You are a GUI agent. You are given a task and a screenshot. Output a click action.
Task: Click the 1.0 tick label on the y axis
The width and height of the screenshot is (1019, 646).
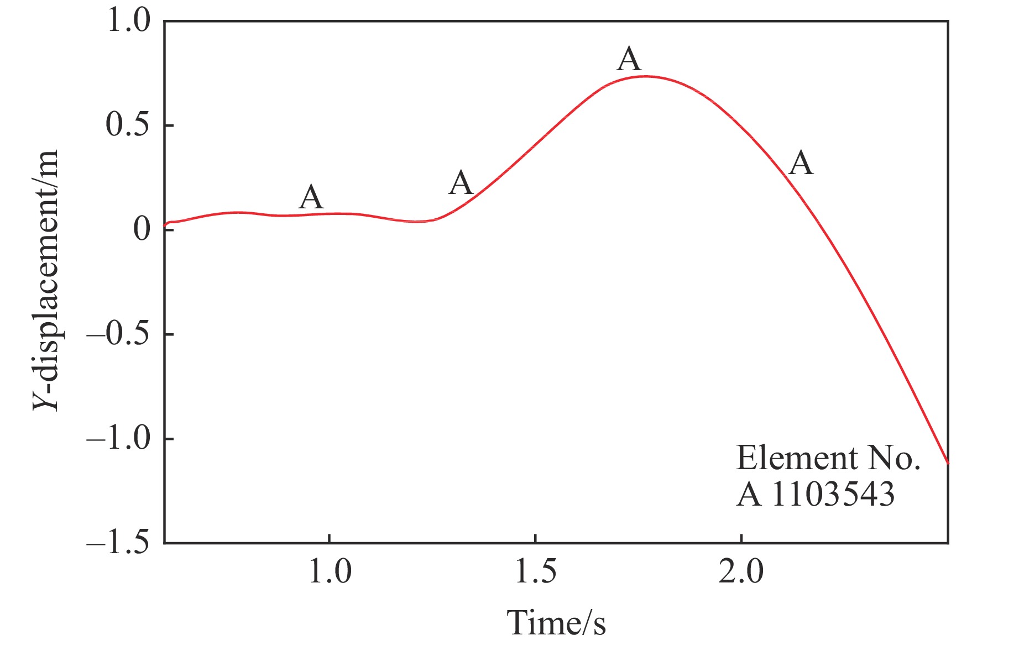point(128,22)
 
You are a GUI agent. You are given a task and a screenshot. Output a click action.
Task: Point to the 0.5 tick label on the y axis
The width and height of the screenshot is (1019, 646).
point(128,125)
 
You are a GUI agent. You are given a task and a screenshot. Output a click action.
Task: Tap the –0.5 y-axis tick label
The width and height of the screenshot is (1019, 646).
point(119,334)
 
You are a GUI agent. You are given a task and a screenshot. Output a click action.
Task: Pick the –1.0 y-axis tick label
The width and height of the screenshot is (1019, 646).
point(119,439)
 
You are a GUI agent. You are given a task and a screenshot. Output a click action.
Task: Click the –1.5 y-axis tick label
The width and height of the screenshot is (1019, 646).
point(119,543)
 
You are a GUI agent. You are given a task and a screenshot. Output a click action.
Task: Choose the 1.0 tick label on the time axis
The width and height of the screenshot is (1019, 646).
point(330,572)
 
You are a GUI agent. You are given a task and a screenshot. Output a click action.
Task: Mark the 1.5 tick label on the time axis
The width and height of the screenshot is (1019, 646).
point(535,572)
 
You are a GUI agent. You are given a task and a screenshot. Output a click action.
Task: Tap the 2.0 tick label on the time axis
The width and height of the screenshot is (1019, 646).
point(741,572)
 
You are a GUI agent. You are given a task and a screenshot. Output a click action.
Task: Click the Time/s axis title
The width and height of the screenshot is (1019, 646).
point(556,623)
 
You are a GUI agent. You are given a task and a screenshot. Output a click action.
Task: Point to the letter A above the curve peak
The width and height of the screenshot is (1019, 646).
point(629,59)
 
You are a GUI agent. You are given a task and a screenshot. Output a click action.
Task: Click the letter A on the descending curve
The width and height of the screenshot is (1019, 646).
point(801,164)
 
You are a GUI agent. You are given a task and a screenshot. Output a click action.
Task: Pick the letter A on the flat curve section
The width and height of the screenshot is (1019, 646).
point(311,197)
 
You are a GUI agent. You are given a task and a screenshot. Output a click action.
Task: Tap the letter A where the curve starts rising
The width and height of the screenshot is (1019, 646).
point(461,183)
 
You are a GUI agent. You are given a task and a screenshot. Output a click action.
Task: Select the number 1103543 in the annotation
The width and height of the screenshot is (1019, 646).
point(832,494)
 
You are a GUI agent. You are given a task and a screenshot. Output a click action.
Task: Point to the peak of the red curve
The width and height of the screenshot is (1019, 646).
point(645,76)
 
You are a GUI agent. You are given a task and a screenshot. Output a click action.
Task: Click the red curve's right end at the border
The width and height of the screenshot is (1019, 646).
point(948,463)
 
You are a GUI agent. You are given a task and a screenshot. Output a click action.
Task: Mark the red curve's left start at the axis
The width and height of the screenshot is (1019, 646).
point(165,225)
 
